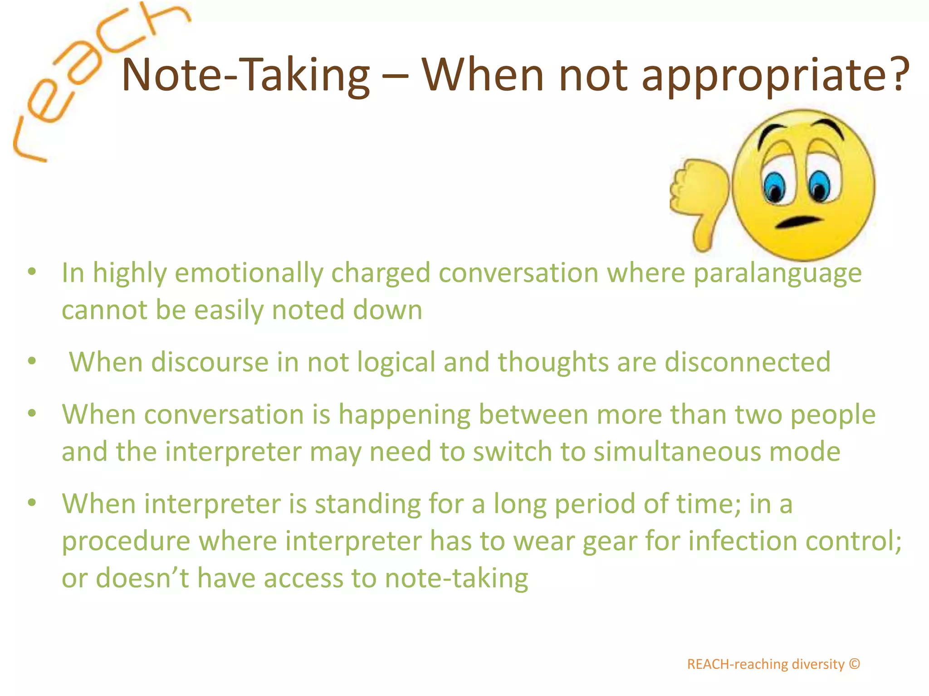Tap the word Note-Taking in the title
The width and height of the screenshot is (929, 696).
[x=245, y=75]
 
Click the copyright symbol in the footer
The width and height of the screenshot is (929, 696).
[x=854, y=664]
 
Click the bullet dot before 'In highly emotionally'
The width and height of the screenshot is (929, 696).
[x=32, y=272]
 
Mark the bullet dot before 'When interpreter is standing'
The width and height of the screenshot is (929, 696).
[x=32, y=503]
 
